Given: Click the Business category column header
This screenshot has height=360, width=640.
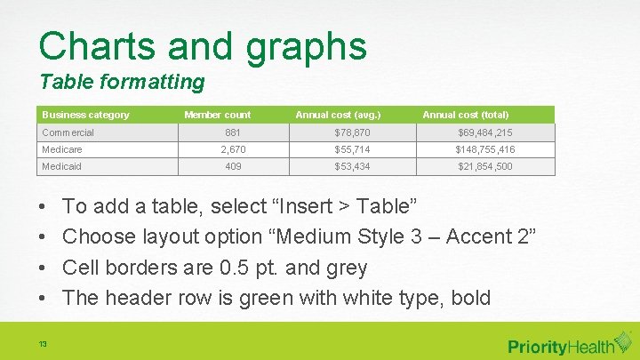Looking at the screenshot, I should [86, 115].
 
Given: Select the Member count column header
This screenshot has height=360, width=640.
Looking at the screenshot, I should [217, 115].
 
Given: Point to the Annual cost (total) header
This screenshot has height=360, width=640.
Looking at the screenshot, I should [466, 115].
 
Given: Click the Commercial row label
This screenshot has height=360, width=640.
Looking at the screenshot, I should [68, 132].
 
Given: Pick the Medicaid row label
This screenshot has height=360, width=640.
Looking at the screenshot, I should [62, 166].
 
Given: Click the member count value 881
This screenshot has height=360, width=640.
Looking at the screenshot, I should [232, 132].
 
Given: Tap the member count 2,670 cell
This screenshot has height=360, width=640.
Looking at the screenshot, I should [232, 149].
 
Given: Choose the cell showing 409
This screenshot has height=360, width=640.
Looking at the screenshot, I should [233, 166].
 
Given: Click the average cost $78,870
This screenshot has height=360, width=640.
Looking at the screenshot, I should [352, 132].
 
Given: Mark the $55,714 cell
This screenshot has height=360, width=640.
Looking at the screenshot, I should [352, 149].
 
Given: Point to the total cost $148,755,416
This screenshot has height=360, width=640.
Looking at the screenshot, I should [484, 149].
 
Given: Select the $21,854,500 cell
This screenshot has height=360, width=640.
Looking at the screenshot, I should [484, 166].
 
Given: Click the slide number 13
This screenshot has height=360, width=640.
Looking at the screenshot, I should [43, 344].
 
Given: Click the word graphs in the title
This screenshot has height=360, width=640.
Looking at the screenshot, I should [306, 47].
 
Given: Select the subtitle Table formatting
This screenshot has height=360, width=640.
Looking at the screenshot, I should [122, 83].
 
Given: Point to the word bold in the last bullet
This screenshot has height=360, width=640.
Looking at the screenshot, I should [470, 298].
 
